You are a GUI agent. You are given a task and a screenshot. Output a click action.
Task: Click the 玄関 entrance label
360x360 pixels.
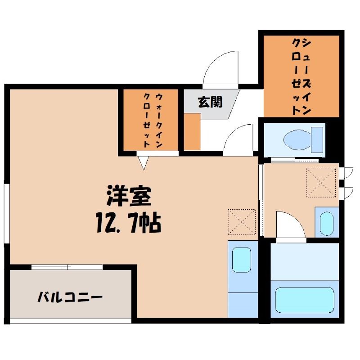(210, 102)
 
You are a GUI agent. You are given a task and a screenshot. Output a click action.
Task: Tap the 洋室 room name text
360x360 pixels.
(129, 195)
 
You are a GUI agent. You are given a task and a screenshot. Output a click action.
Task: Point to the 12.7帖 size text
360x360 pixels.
(129, 223)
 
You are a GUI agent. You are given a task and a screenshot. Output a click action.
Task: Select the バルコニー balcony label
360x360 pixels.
(70, 297)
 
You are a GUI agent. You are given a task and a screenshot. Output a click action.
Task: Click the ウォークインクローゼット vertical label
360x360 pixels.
(153, 120)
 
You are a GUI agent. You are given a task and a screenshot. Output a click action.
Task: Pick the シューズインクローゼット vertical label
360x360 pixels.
(301, 76)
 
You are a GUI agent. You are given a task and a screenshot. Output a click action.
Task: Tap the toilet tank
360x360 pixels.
(317, 139)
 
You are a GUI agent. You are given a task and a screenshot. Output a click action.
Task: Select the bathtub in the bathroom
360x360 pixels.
(305, 300)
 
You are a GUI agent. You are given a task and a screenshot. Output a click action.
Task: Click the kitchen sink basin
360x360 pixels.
(242, 260)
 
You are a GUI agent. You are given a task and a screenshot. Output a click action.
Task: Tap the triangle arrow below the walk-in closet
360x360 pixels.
(144, 163)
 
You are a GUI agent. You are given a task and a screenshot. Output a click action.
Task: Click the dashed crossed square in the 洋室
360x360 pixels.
(242, 222)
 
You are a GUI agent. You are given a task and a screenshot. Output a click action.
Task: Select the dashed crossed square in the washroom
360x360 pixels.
(321, 183)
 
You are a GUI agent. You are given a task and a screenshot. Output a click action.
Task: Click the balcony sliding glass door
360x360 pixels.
(67, 267)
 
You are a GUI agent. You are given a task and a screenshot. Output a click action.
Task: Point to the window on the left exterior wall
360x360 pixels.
(7, 213)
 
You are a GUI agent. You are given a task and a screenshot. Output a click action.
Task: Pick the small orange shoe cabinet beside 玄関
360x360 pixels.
(193, 132)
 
